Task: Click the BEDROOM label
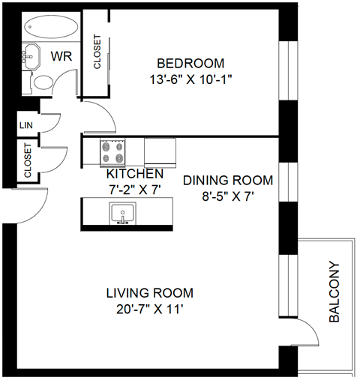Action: click(190, 63)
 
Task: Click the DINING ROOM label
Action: click(228, 181)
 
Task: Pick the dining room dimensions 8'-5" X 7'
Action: click(228, 196)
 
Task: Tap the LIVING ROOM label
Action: click(149, 292)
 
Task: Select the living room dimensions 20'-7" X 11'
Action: click(149, 308)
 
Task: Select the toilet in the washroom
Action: click(43, 82)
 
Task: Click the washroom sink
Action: click(31, 55)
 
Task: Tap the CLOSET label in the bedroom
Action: click(97, 52)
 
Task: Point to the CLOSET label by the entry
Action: click(28, 162)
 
